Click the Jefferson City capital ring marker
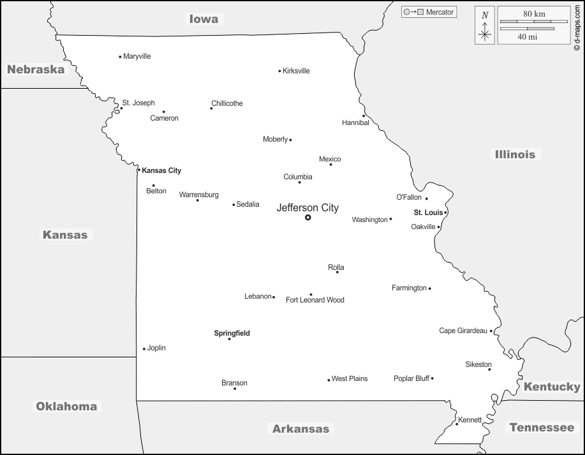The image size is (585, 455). pos(307,218)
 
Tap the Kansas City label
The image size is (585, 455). pos(161,170)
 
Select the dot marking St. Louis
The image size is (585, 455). pos(446,213)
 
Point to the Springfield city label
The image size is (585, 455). pos(232,333)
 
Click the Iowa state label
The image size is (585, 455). pos(204,19)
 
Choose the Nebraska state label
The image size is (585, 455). pos(36,70)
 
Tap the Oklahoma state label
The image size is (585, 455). pos(66,407)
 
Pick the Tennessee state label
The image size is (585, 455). pos(542,428)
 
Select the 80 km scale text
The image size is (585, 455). pos(533,13)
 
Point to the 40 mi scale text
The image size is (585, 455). pos(527,37)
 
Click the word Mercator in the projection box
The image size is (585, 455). pos(440,12)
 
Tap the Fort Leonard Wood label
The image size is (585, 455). pos(315,300)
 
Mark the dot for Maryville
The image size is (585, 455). pos(120,57)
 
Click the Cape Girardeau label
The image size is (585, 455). pos(463,331)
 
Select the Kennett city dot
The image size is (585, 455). pos(457,424)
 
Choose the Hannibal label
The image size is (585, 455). pos(355,123)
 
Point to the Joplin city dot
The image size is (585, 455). pos(144,348)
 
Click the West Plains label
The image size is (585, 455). pos(350,378)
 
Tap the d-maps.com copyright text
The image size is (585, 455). pos(577,26)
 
